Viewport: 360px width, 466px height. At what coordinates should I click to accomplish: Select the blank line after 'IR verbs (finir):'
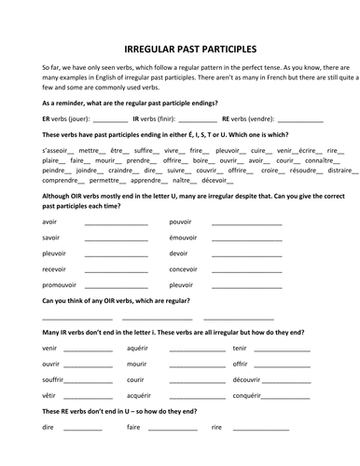[x=196, y=122]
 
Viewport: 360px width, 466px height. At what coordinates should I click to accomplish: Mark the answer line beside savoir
[x=114, y=239]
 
